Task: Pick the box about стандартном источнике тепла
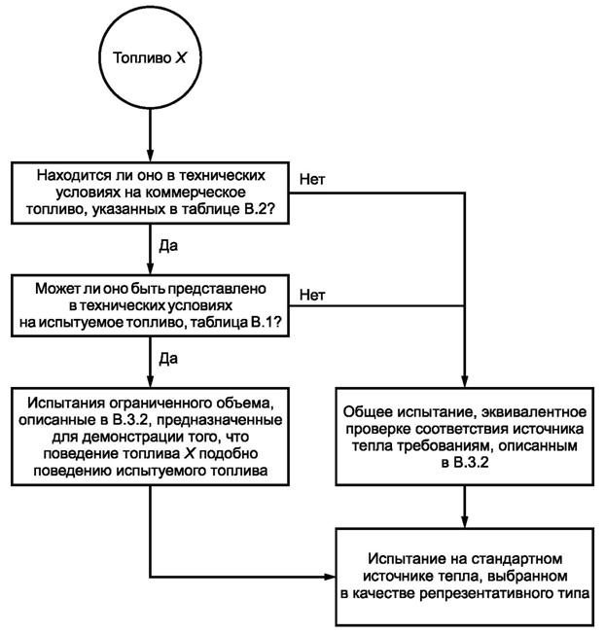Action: (x=463, y=577)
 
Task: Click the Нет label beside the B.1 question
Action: (x=312, y=294)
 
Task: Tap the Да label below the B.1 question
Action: (x=168, y=360)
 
